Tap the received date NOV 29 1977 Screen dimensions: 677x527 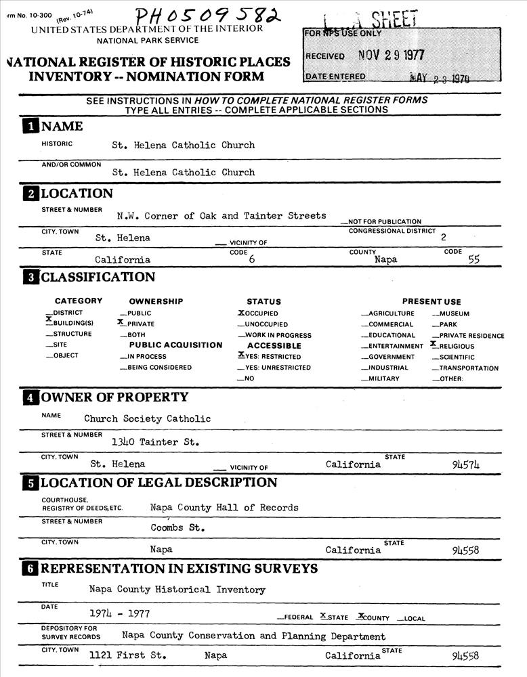click(391, 56)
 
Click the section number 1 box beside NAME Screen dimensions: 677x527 click(31, 127)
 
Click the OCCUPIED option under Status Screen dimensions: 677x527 click(258, 313)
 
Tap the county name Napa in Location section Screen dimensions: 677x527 click(385, 259)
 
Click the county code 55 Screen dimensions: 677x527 click(473, 259)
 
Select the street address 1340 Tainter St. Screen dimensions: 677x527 click(150, 442)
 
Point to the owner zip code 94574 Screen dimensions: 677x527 click(465, 464)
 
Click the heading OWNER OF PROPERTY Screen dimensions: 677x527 click(114, 397)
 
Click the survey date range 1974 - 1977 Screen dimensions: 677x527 click(119, 613)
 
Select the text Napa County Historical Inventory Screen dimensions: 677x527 click(177, 590)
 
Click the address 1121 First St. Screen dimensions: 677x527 click(127, 655)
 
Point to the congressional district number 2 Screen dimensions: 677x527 click(443, 238)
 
